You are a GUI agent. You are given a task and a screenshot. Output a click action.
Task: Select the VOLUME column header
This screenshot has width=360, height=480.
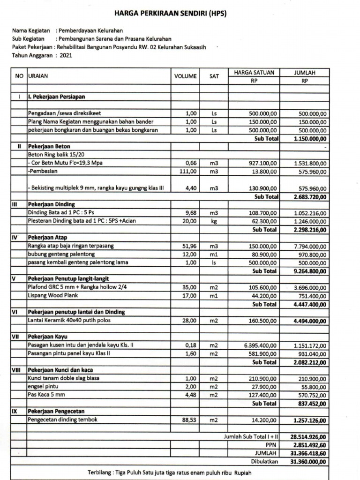(x=185, y=76)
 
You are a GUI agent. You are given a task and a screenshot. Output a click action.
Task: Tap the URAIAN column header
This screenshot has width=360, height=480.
(x=38, y=75)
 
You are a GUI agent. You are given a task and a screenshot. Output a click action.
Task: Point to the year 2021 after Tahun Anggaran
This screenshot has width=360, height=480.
(x=66, y=55)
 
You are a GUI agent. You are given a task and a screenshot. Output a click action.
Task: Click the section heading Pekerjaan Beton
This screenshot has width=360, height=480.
(x=48, y=146)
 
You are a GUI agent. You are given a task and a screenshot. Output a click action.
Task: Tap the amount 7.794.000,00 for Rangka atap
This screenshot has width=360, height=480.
(x=311, y=246)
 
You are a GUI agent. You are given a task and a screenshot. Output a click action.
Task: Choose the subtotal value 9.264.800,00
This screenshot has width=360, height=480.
(x=310, y=271)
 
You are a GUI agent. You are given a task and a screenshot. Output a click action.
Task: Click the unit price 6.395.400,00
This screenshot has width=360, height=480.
(x=260, y=345)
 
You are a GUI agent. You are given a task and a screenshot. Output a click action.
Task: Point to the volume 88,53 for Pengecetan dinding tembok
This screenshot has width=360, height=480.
(x=189, y=420)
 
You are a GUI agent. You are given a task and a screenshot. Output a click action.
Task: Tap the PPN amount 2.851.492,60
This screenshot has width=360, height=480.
(x=309, y=445)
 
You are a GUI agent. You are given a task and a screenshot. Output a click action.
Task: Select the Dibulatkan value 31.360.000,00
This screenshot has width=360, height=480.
(x=309, y=462)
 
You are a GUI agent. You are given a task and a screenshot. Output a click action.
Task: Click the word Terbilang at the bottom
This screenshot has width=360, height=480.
(x=100, y=471)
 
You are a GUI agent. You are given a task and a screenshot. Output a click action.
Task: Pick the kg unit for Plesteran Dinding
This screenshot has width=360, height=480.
(x=214, y=221)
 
